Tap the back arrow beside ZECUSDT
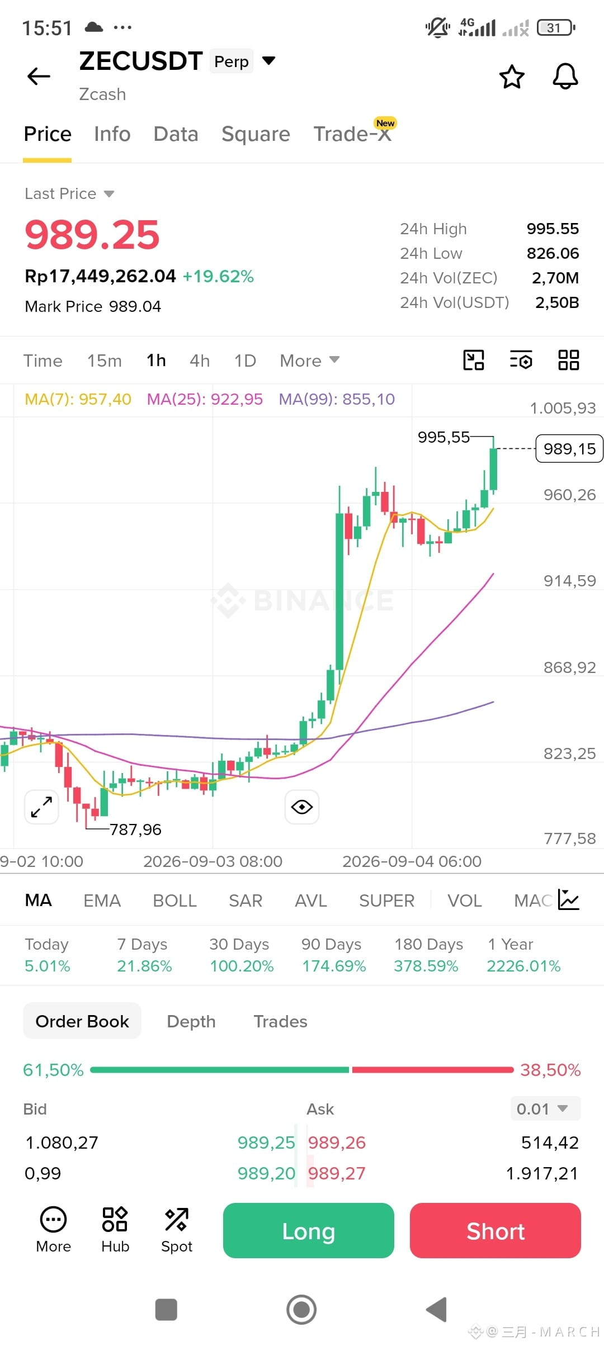[39, 76]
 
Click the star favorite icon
[512, 77]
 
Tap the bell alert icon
[565, 76]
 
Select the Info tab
[112, 134]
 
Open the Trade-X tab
[352, 134]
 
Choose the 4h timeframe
[200, 361]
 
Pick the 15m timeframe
[105, 361]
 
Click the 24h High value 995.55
[553, 229]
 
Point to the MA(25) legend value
[205, 399]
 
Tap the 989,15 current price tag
[569, 449]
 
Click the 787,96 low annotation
[135, 830]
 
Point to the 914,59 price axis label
[570, 581]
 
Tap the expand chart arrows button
[41, 807]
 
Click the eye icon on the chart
[302, 807]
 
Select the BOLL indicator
[175, 901]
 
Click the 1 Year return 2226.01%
[523, 966]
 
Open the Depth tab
[191, 1021]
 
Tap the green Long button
[309, 1230]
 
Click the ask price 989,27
[337, 1173]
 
